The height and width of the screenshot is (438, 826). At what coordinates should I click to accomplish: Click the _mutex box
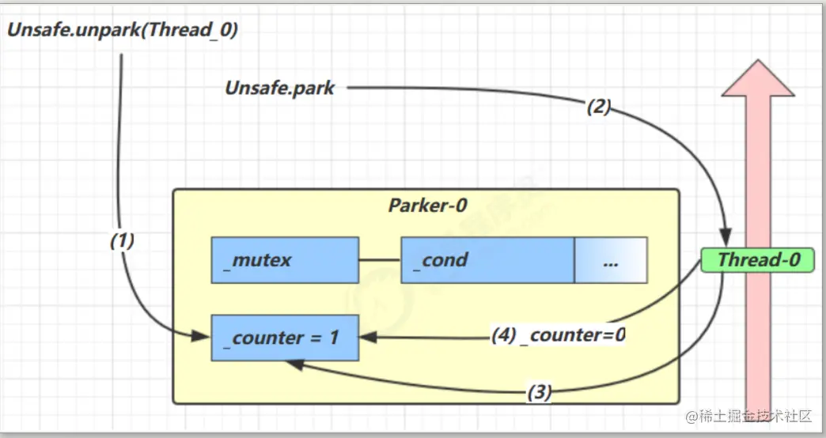coord(285,259)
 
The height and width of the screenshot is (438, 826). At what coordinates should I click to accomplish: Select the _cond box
coord(487,259)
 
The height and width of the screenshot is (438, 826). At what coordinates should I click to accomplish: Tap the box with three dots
coord(611,259)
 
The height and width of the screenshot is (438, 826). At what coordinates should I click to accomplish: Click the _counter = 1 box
coord(285,338)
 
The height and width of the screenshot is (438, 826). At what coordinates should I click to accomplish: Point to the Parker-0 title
coord(427,206)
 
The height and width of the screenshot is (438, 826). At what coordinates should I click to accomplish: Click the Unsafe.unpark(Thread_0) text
coord(123,31)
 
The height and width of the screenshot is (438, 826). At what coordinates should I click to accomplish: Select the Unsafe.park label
coord(280,88)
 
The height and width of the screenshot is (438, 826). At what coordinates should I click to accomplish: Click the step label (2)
coord(599,107)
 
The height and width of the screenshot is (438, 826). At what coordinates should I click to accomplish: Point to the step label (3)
coord(539,392)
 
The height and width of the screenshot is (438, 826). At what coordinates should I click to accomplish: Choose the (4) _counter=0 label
coord(559,335)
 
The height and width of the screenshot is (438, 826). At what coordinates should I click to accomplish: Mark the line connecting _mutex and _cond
coord(380,259)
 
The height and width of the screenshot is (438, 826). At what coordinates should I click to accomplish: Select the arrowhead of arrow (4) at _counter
coord(366,338)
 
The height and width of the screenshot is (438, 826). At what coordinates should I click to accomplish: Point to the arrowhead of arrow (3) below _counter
coord(292,364)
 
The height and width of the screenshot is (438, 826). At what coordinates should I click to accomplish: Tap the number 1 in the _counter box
coord(333,338)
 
